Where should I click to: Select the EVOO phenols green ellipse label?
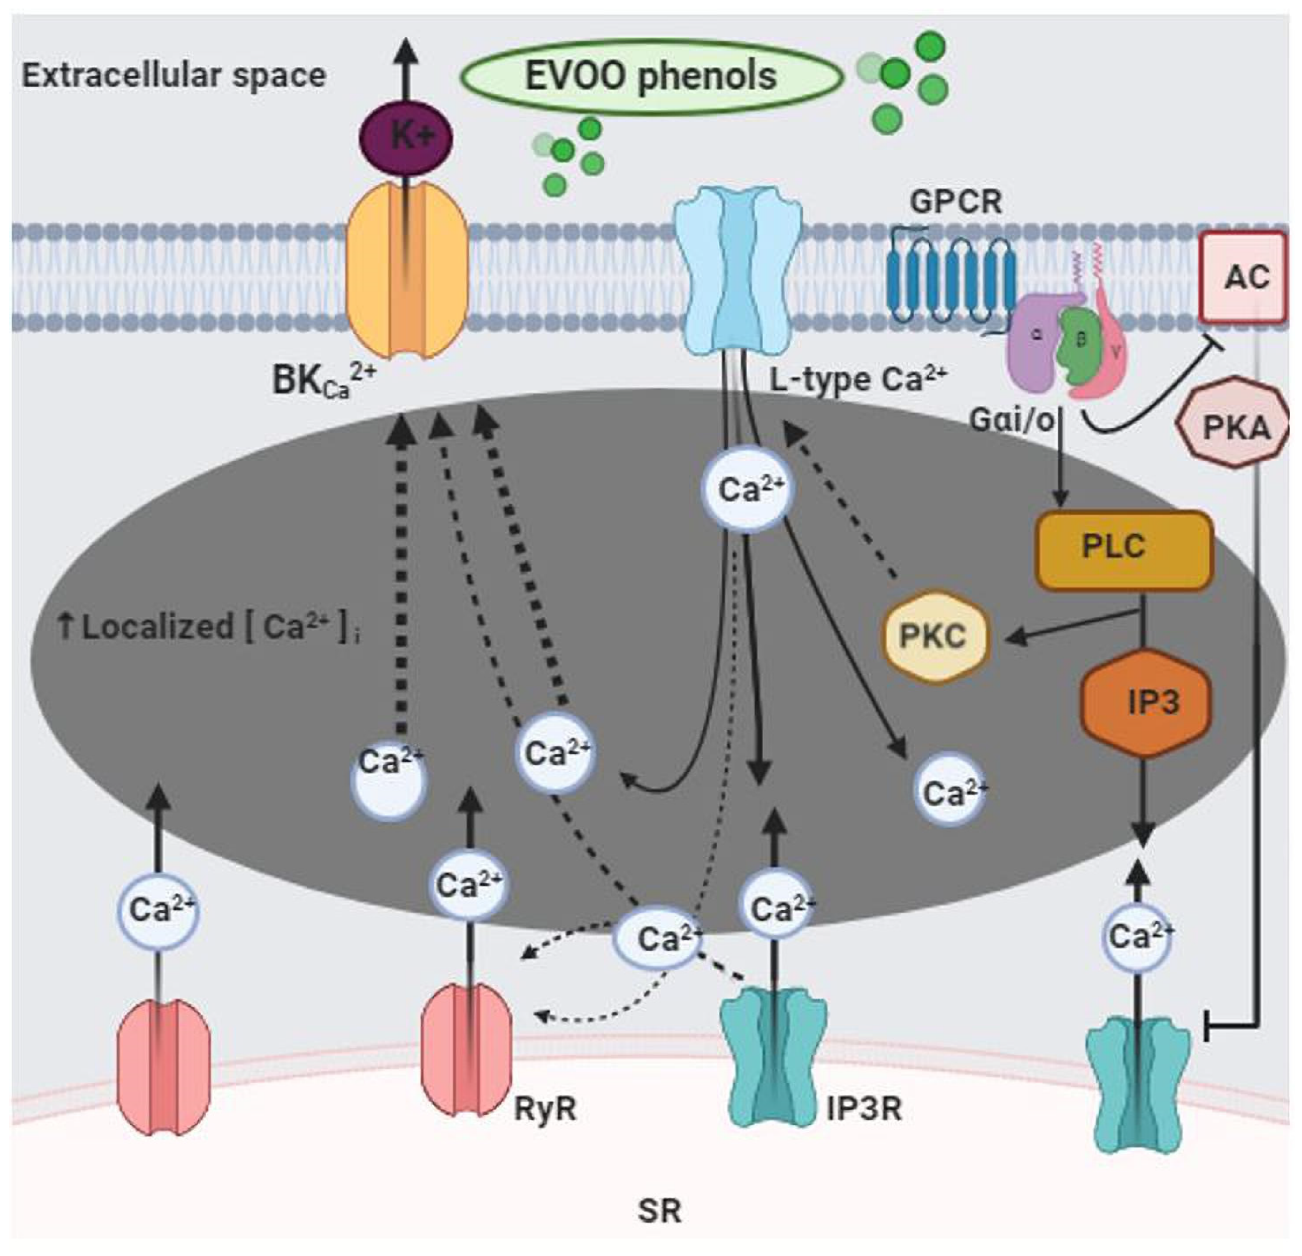651,77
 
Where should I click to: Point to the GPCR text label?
956,201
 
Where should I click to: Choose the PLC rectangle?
1124,548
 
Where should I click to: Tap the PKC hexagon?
934,637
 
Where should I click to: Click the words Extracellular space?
174,75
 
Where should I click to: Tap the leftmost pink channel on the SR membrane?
164,1073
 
